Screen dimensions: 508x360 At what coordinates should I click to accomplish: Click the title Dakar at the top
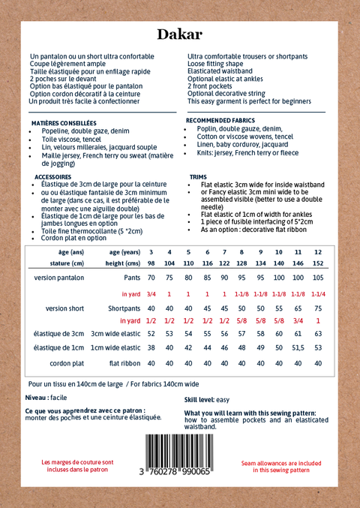click(x=179, y=35)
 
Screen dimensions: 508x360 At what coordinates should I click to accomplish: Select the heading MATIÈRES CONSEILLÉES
click(x=64, y=122)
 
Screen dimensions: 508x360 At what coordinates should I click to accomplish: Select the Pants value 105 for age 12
click(x=318, y=278)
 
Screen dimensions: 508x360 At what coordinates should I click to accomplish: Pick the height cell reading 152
click(x=318, y=263)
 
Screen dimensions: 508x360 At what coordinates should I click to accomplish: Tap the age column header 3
click(x=151, y=251)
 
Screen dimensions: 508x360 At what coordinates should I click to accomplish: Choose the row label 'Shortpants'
click(x=124, y=308)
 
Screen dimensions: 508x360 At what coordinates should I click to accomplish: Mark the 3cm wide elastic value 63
click(x=318, y=332)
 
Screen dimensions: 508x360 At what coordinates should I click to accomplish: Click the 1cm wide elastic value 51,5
click(x=298, y=347)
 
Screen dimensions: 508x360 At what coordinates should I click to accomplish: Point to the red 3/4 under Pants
click(x=151, y=293)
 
